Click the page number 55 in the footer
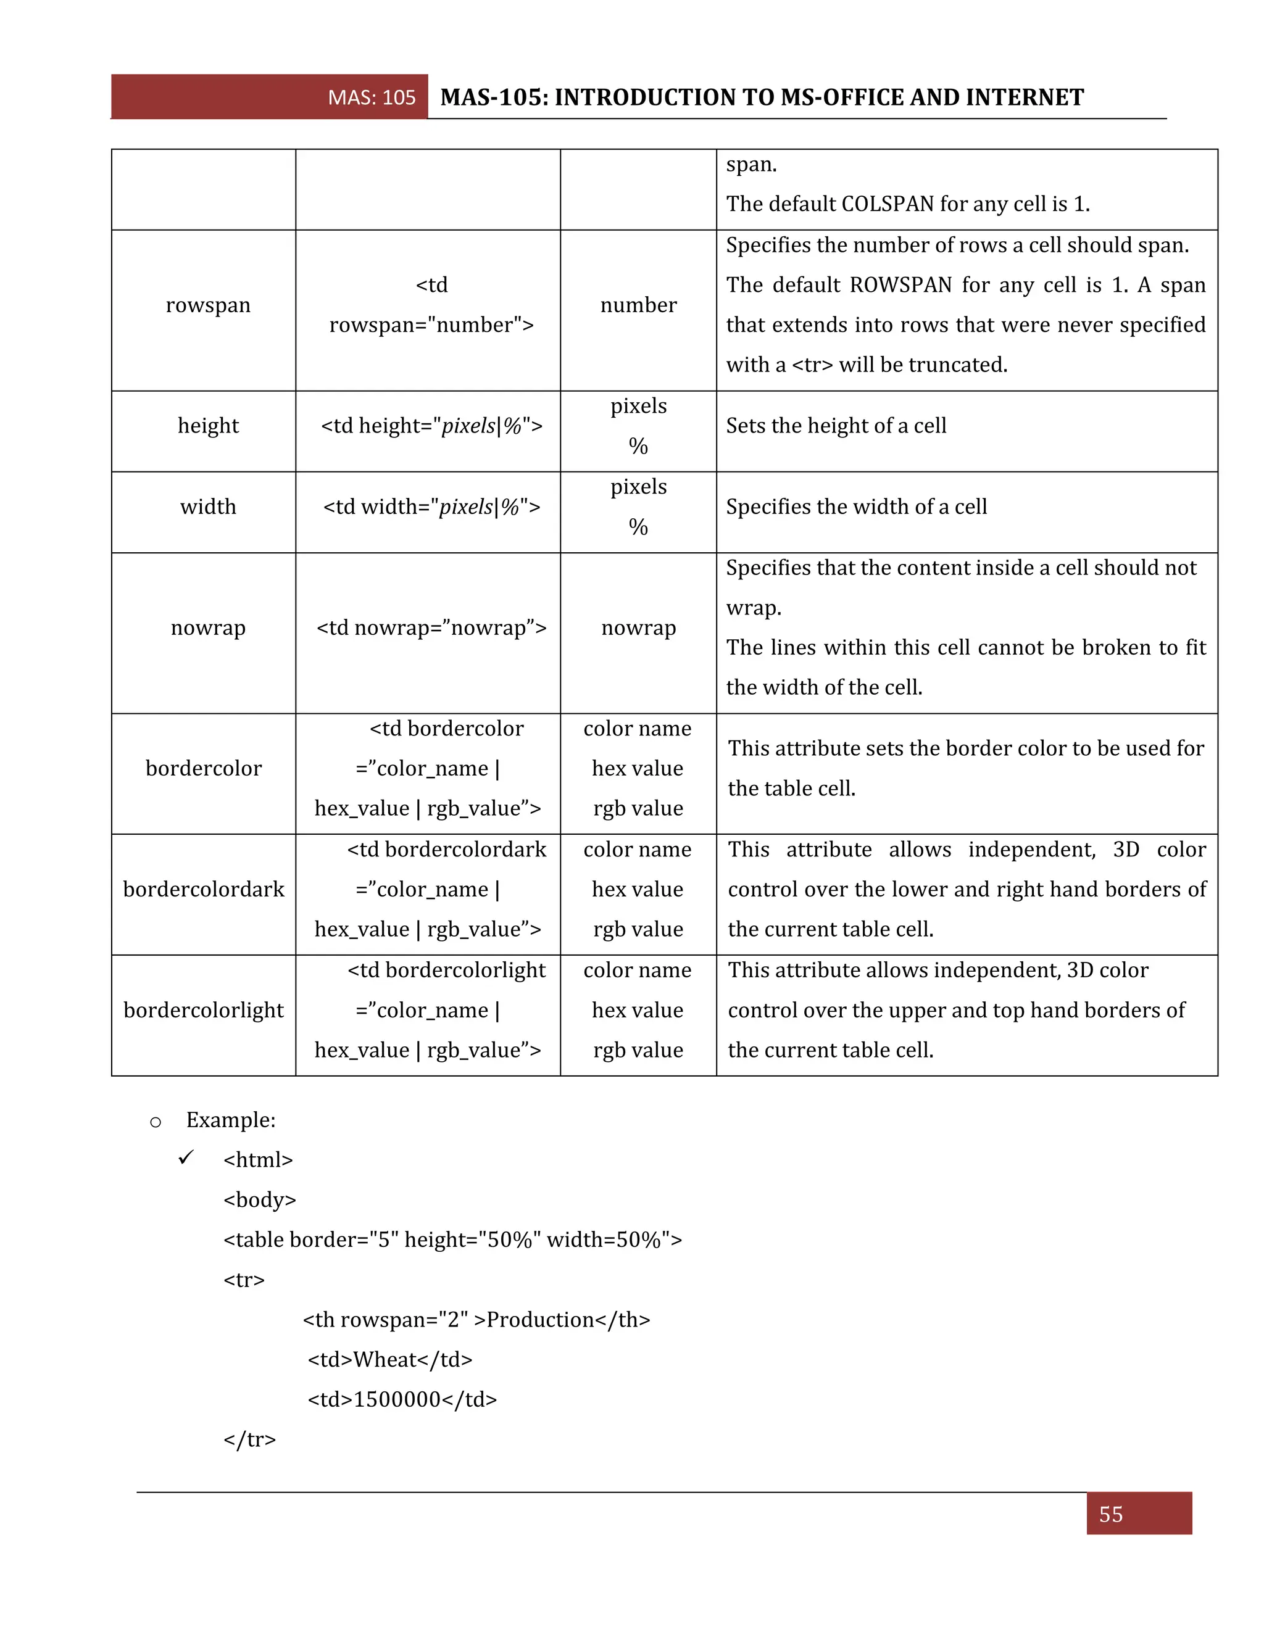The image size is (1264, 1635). pyautogui.click(x=1110, y=1515)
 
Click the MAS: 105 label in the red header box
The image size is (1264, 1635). pyautogui.click(x=372, y=97)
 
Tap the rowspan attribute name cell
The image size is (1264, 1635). pyautogui.click(x=208, y=305)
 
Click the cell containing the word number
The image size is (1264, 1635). pyautogui.click(x=638, y=305)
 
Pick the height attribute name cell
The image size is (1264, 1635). pyautogui.click(x=208, y=426)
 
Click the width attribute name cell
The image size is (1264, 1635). pyautogui.click(x=208, y=507)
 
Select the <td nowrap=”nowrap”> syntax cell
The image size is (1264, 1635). pyautogui.click(x=431, y=627)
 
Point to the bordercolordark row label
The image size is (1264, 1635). pyautogui.click(x=204, y=889)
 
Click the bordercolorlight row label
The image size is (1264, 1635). pyautogui.click(x=204, y=1011)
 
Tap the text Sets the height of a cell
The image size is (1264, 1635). pyautogui.click(x=836, y=426)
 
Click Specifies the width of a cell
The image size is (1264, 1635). pyautogui.click(x=856, y=507)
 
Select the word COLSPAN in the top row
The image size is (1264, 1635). pyautogui.click(x=888, y=204)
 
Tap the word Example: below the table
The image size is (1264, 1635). pyautogui.click(x=231, y=1120)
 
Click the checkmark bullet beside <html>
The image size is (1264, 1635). pyautogui.click(x=186, y=1158)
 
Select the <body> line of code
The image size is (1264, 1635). pyautogui.click(x=260, y=1200)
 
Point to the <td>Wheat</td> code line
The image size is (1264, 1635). pyautogui.click(x=390, y=1359)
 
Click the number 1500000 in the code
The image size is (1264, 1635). pyautogui.click(x=397, y=1399)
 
